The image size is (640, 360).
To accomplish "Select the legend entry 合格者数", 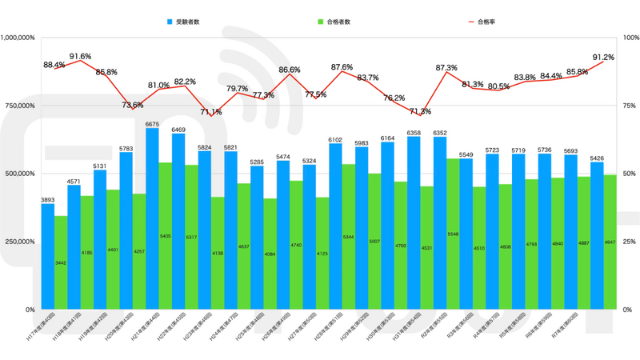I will [x=338, y=22].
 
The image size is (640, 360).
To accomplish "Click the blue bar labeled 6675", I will [x=152, y=216].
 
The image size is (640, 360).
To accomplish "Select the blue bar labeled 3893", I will [x=48, y=256].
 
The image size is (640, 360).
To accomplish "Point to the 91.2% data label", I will [x=603, y=58].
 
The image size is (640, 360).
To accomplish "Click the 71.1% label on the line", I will [x=211, y=112].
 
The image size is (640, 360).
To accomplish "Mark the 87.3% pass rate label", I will [x=446, y=68].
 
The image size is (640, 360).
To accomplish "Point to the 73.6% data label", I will [x=133, y=105].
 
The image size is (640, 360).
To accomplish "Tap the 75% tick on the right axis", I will [x=629, y=106].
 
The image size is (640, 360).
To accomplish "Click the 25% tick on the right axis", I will [x=629, y=242].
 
